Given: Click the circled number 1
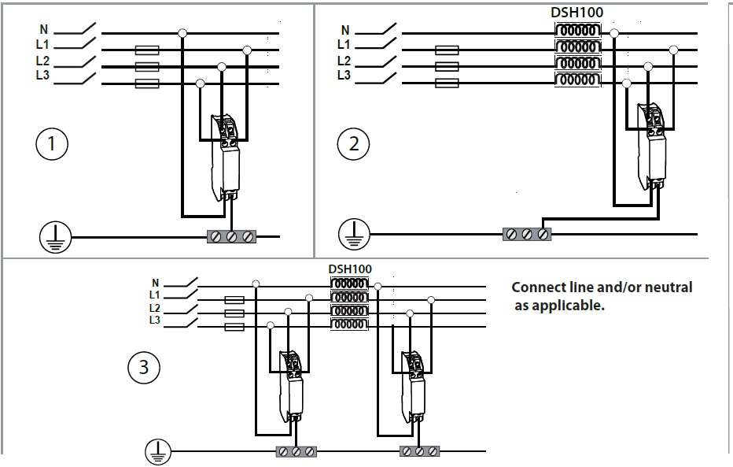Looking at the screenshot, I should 52,144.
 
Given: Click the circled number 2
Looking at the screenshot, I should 353,144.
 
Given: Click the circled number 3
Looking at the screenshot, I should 144,366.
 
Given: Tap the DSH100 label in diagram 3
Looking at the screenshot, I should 350,269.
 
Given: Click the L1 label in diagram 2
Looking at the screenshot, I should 344,45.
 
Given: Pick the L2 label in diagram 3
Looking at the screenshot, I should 155,307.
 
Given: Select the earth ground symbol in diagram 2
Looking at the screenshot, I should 354,234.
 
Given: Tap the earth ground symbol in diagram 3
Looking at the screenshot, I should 158,452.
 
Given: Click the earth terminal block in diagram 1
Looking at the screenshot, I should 233,235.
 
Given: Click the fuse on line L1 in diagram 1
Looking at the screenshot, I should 148,50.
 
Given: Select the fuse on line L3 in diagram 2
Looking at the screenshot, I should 447,81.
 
